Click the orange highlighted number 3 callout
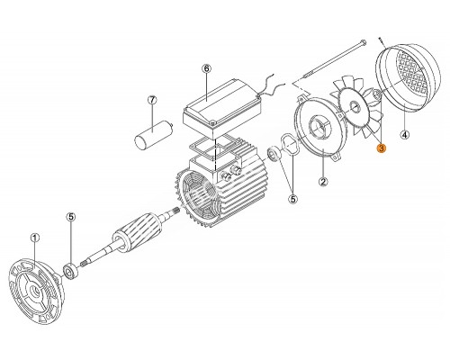[382, 148]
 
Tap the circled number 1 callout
[35, 238]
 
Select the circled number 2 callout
[323, 182]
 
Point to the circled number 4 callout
[405, 135]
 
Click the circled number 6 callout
[206, 69]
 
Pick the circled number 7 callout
[152, 100]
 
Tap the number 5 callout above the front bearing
[71, 217]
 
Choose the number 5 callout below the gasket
[293, 199]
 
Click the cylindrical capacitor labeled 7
[153, 134]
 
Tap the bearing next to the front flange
[71, 271]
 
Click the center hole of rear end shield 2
[319, 126]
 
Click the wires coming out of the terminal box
[274, 84]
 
